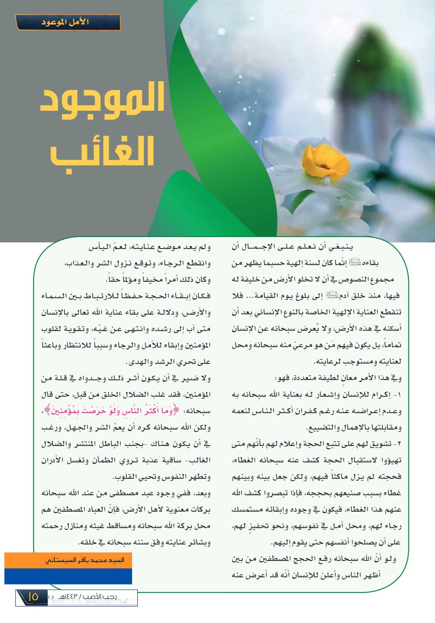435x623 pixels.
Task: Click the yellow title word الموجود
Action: (103, 100)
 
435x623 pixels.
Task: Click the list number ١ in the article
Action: (399, 395)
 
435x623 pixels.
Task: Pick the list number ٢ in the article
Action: (399, 444)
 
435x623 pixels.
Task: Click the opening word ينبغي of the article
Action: (341, 247)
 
